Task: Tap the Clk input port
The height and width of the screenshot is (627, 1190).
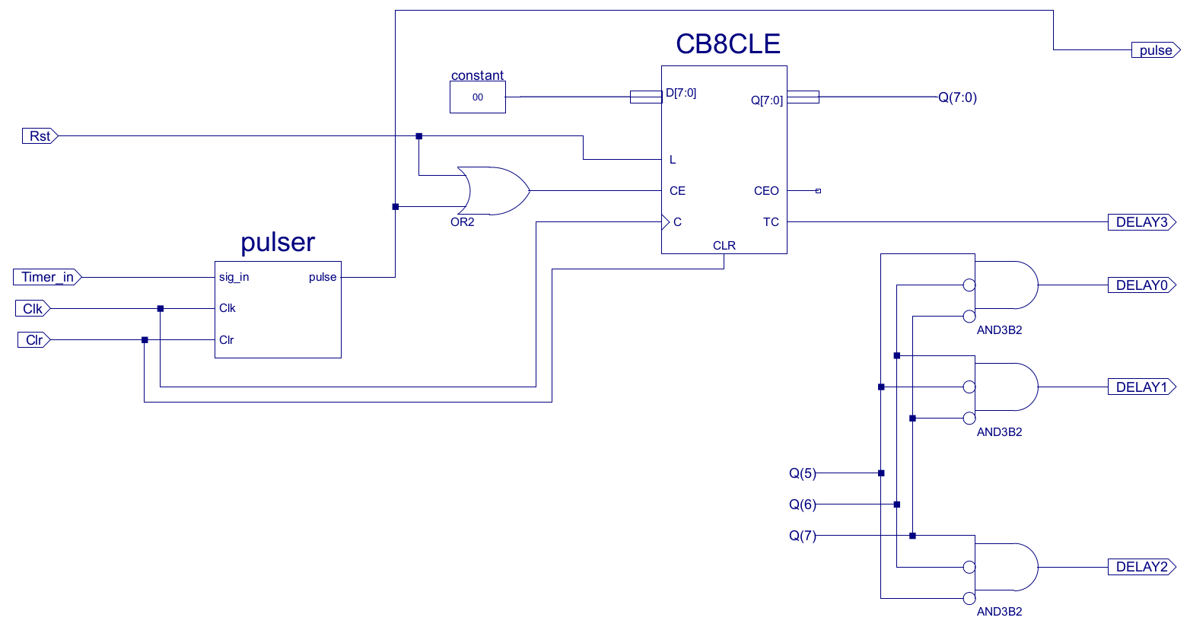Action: (33, 309)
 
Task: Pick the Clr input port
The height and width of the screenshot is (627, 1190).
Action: (34, 340)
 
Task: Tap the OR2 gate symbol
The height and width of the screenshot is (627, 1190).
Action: (493, 191)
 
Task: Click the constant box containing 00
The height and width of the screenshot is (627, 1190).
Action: (478, 97)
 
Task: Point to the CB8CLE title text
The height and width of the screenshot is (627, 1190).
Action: (728, 44)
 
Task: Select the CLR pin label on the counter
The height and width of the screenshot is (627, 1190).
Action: (724, 246)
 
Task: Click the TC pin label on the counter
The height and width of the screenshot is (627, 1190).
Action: (771, 222)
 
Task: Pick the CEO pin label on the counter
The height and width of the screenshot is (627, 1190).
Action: (766, 191)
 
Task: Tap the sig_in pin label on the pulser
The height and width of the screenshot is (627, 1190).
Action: (234, 277)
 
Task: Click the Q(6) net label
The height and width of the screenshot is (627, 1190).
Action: (802, 504)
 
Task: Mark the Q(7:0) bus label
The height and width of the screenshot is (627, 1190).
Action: (957, 97)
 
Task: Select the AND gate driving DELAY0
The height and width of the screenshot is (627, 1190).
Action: (1007, 285)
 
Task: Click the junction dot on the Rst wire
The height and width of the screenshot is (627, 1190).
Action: (418, 136)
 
